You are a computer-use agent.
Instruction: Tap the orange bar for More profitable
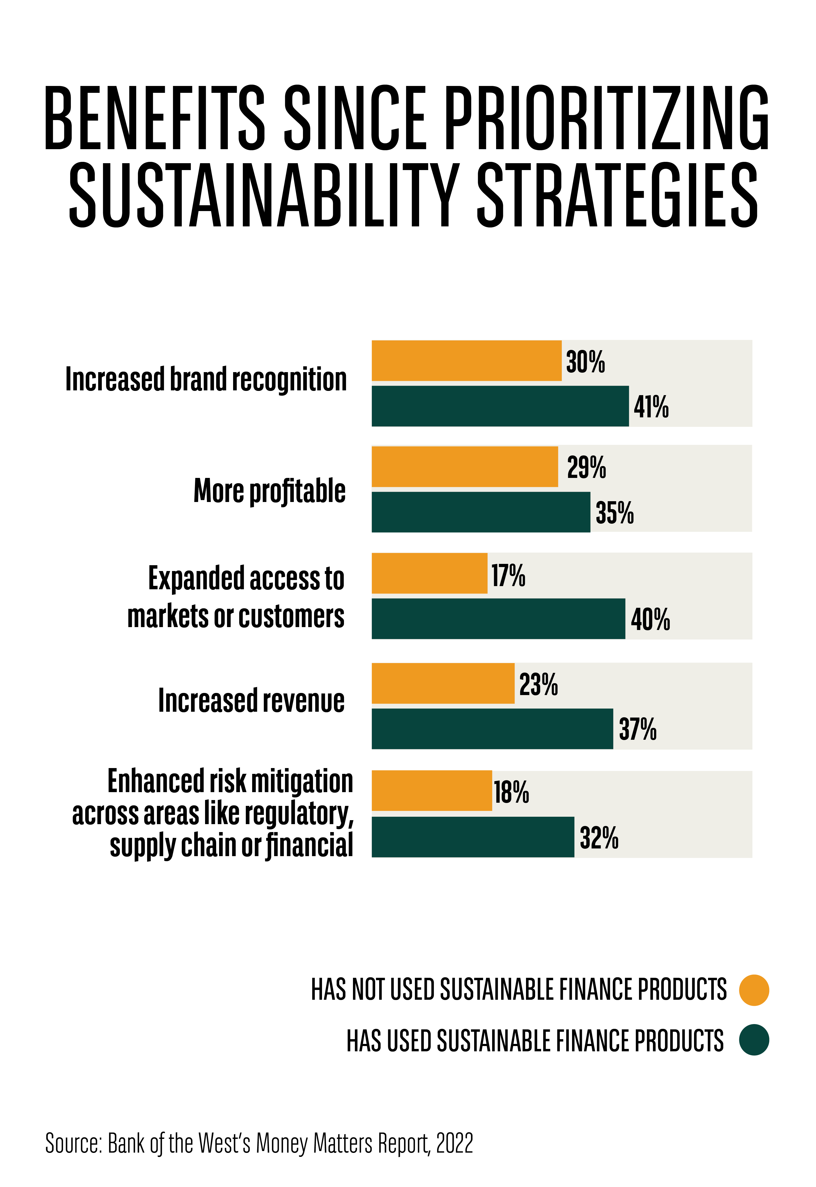(x=465, y=467)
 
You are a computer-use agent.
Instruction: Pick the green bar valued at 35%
(x=480, y=512)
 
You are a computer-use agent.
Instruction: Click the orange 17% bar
(x=429, y=573)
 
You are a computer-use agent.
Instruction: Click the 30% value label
(x=586, y=362)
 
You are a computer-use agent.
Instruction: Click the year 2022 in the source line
(x=455, y=1143)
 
